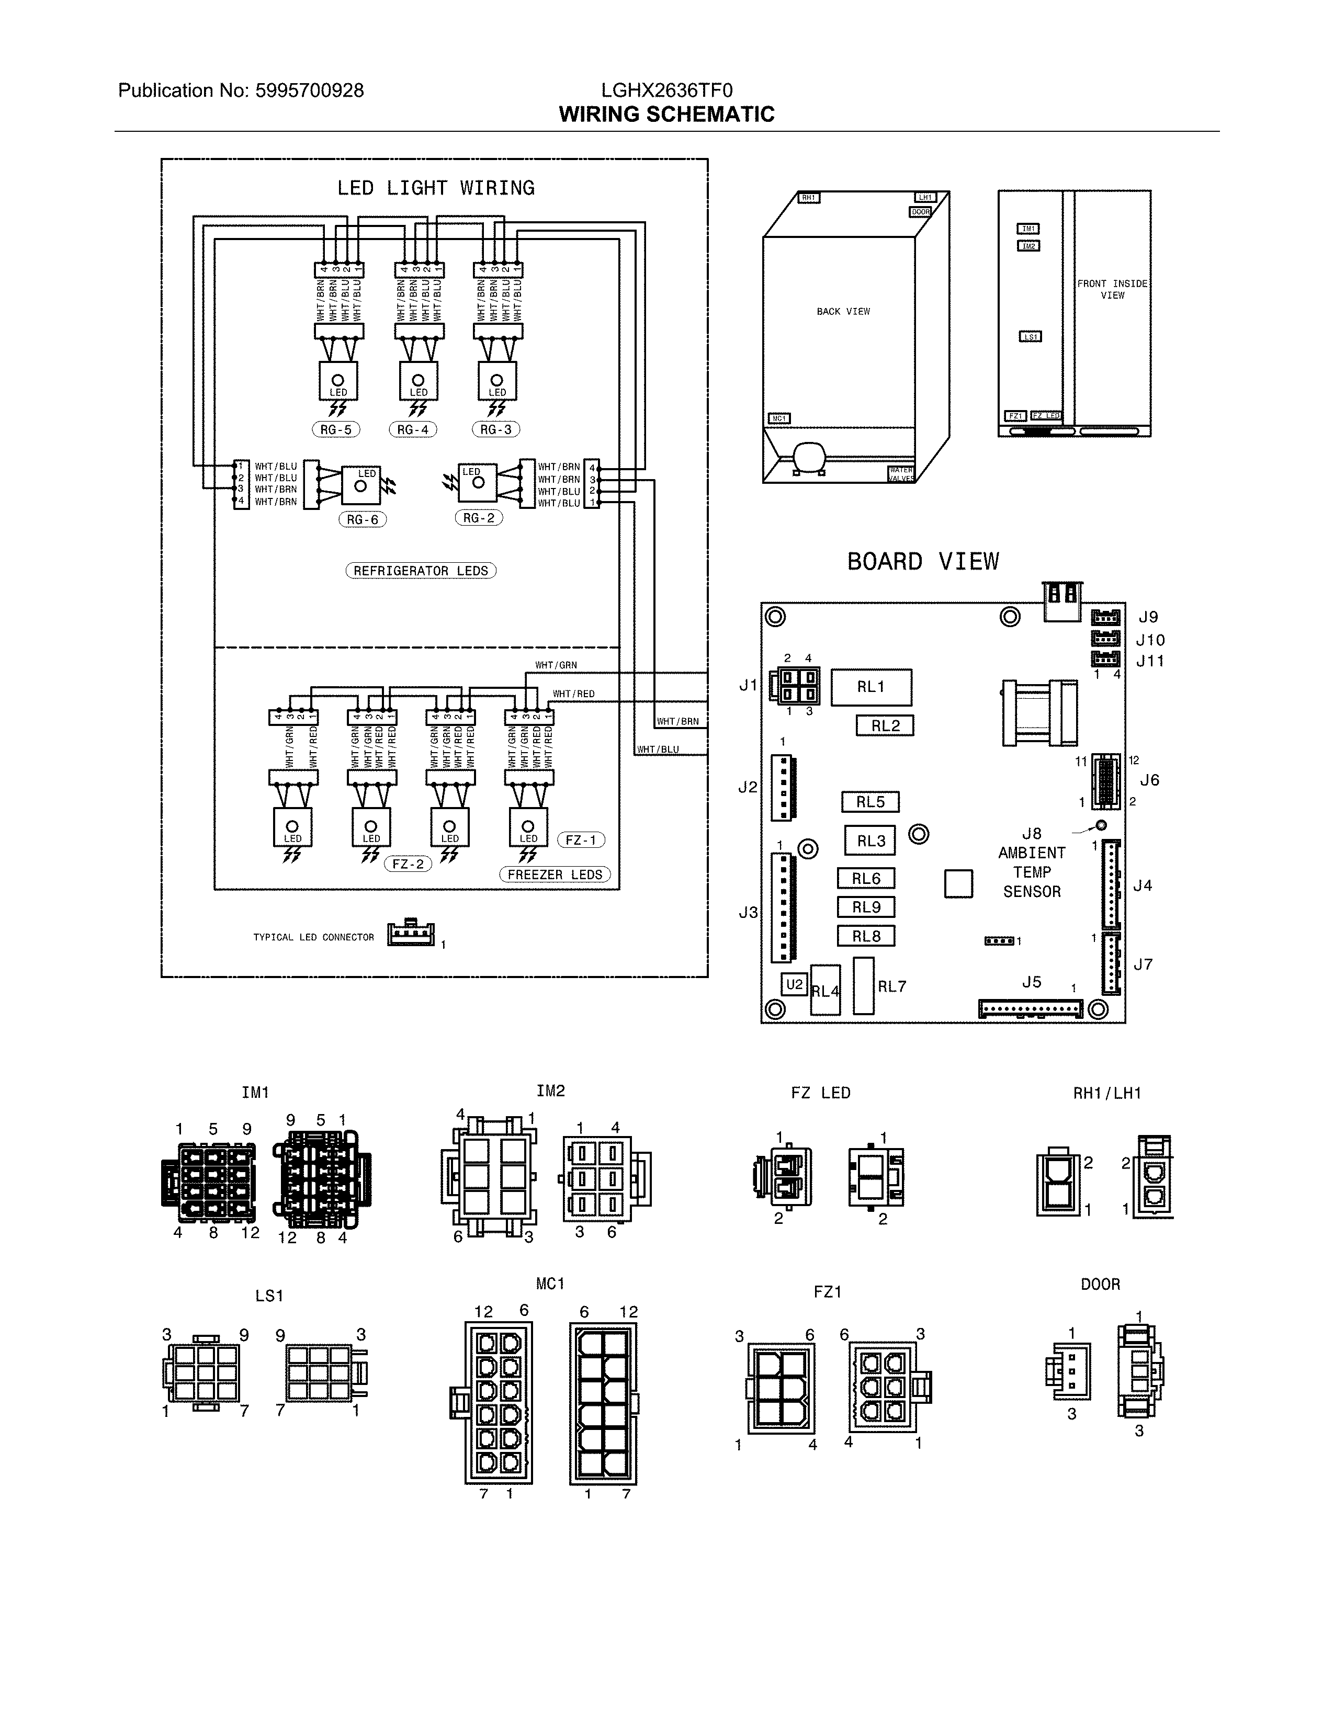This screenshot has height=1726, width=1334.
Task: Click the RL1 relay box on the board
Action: [x=871, y=687]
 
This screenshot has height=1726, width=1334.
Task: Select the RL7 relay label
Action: [x=892, y=986]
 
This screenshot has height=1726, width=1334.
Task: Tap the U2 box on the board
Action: [x=794, y=984]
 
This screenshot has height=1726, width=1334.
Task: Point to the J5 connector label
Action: [x=1031, y=982]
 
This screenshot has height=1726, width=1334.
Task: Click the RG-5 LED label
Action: [x=336, y=429]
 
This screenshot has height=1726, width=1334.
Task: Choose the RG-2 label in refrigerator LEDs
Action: [x=479, y=518]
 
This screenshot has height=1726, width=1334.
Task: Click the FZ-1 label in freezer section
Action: [x=581, y=840]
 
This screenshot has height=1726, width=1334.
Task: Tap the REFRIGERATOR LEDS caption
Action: [x=421, y=571]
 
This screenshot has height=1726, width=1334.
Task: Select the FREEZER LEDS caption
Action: [x=555, y=874]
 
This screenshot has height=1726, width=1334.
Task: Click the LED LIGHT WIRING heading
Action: [x=435, y=188]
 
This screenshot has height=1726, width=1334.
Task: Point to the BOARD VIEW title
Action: [x=923, y=562]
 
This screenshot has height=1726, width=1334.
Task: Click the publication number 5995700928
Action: [x=309, y=91]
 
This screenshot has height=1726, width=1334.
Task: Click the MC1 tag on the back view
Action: [x=779, y=418]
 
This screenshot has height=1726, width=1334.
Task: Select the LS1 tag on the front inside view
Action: [x=1030, y=337]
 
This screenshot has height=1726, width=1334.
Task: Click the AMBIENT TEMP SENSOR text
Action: [x=1031, y=872]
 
